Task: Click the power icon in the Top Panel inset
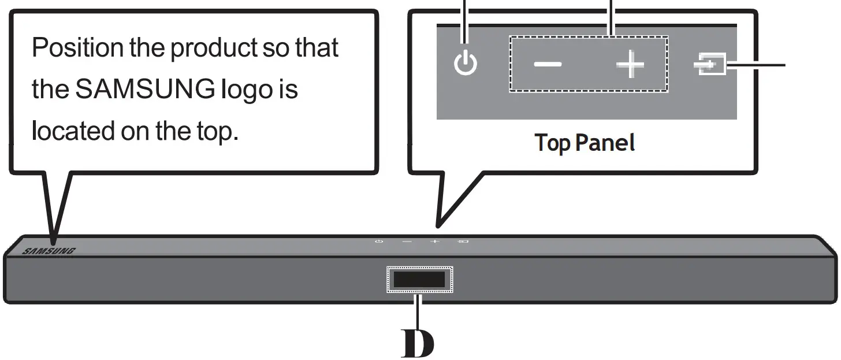tap(466, 64)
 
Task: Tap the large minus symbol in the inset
tap(547, 64)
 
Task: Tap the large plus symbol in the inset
tap(630, 65)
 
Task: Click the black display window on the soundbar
tap(420, 280)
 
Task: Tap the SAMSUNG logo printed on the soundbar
tap(49, 251)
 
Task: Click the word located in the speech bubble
tap(72, 131)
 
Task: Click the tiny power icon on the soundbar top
tap(379, 241)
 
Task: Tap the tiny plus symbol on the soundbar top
tap(434, 241)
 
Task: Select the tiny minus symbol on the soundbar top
tap(407, 241)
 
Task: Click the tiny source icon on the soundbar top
tap(463, 241)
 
